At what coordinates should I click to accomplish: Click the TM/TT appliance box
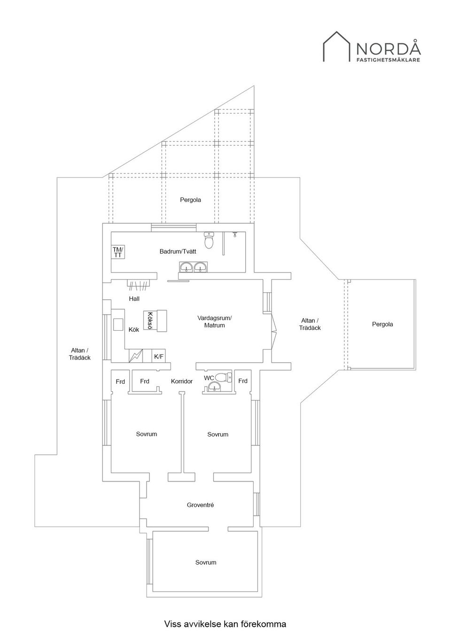[x=118, y=252]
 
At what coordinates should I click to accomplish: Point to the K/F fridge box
[x=159, y=356]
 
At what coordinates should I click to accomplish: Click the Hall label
[x=134, y=299]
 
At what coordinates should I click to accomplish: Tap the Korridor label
[x=182, y=381]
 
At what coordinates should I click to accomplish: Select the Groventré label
[x=200, y=505]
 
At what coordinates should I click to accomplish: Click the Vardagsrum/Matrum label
[x=214, y=321]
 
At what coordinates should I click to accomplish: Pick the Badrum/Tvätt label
[x=178, y=251]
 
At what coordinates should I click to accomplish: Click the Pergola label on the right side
[x=382, y=325]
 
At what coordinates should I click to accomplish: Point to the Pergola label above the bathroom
[x=190, y=200]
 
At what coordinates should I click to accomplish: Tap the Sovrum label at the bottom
[x=206, y=562]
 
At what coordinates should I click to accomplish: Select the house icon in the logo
[x=336, y=47]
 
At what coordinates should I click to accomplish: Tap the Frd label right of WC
[x=243, y=381]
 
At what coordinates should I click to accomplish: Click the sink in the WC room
[x=214, y=387]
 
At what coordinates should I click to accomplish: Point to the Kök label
[x=134, y=329]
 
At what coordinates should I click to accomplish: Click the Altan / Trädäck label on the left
[x=79, y=354]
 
